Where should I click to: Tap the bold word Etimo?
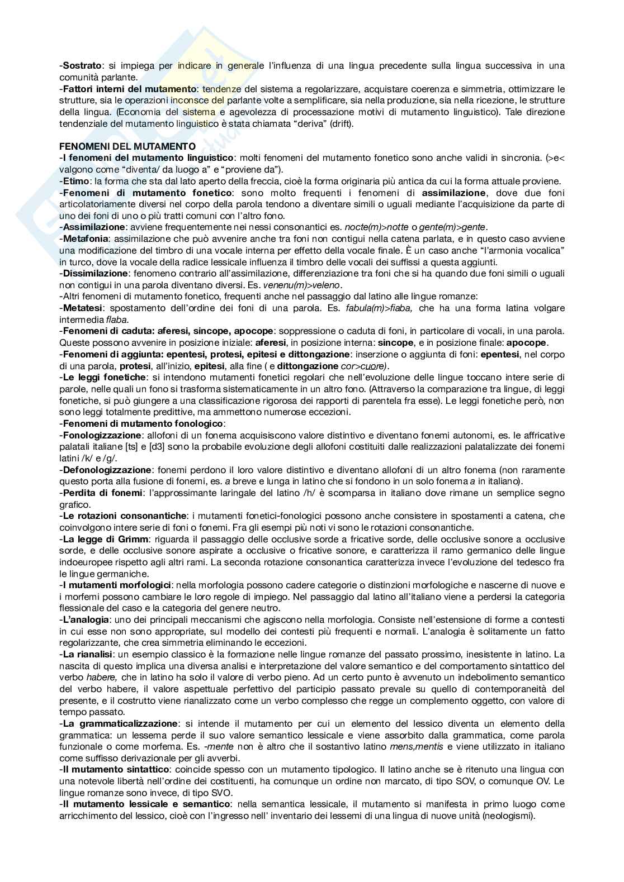click(x=77, y=181)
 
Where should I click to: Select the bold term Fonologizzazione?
click(x=101, y=435)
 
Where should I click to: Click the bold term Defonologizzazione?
click(x=106, y=470)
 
